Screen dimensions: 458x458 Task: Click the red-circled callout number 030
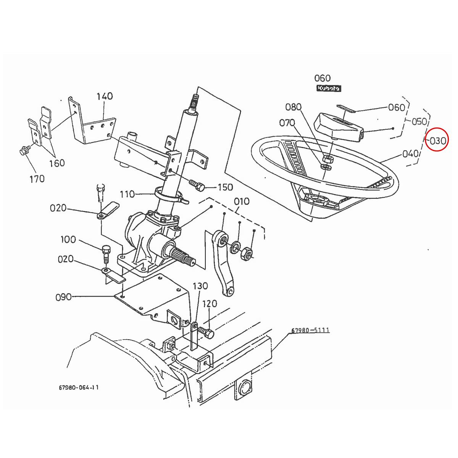[x=437, y=140]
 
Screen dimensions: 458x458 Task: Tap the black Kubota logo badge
[x=328, y=88]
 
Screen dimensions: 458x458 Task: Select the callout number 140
[x=104, y=96]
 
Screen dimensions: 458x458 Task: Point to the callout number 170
[x=37, y=179]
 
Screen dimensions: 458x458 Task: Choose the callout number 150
[x=225, y=187]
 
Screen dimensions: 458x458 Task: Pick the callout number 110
[x=127, y=194]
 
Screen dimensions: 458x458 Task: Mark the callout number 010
[x=242, y=201]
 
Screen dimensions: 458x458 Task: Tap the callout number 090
[x=63, y=297]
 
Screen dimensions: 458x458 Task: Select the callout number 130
[x=200, y=286]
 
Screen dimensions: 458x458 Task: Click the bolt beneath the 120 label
[x=208, y=333]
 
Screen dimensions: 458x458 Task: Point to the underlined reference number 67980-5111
[x=310, y=331]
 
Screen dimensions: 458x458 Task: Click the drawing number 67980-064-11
[x=79, y=387]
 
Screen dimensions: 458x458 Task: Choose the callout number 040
[x=410, y=154]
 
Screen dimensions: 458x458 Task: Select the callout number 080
[x=293, y=107]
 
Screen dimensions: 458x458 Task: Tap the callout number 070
[x=287, y=123]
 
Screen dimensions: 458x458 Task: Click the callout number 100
[x=68, y=240]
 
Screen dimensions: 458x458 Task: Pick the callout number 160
[x=57, y=163]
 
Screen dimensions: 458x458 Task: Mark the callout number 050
[x=419, y=122]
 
